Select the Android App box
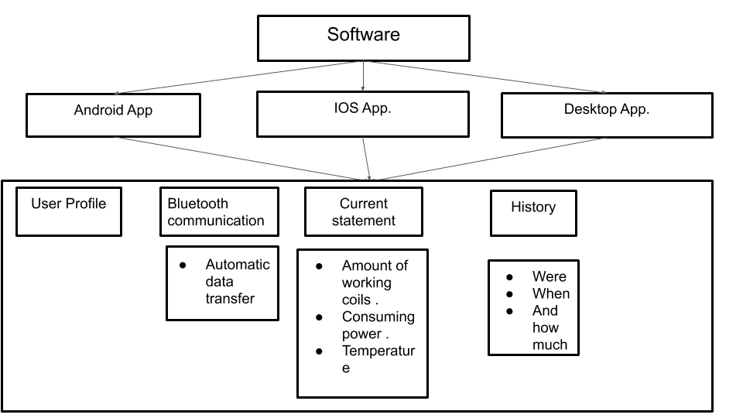113,115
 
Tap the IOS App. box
363,114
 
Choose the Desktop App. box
606,115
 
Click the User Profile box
68,211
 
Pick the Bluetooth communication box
219,211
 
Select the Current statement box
363,211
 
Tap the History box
533,212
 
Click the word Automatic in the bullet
238,265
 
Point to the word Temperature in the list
378,351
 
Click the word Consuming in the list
378,317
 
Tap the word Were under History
549,276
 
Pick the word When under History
550,293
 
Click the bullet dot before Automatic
183,265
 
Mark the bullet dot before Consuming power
319,317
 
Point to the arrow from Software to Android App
232,77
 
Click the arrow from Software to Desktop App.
488,77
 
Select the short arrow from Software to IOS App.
363,77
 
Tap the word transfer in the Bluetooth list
230,299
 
